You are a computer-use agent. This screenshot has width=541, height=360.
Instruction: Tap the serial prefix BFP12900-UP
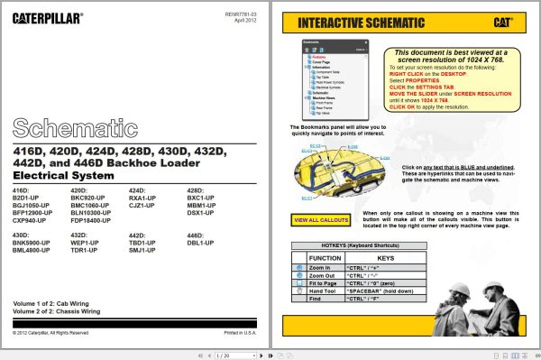[x=34, y=213]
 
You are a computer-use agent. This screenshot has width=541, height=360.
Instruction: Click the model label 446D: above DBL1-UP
[x=196, y=236]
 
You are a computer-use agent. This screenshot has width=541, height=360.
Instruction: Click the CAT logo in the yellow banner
[x=506, y=23]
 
